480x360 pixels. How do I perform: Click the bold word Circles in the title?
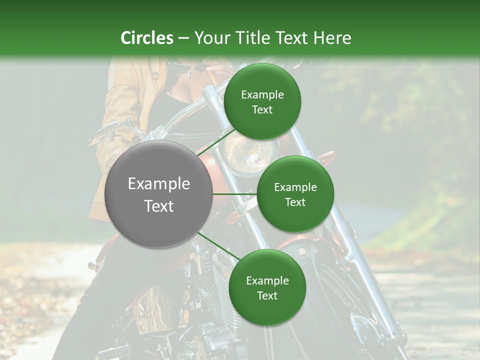[x=147, y=38]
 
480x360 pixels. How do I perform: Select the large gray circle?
[x=158, y=194]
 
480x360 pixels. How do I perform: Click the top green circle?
[x=262, y=102]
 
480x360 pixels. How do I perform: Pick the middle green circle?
[x=295, y=194]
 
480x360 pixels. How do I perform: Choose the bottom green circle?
[x=267, y=287]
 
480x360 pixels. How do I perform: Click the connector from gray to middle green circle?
[x=235, y=194]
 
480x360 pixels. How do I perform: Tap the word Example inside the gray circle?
[x=159, y=184]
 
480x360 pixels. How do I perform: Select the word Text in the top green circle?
[x=262, y=110]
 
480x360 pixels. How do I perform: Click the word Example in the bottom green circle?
[x=267, y=280]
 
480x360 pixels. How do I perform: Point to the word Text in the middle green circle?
[x=295, y=202]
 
